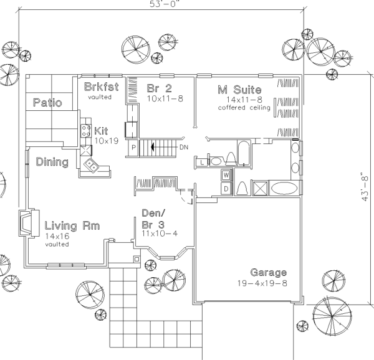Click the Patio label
coord(47,102)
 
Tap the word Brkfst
coord(102,87)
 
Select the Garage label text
coord(268,272)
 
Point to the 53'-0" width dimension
coord(165,4)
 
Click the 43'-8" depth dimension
coord(365,187)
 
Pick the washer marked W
coord(226,176)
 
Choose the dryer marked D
coord(226,189)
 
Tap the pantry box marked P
coord(133,148)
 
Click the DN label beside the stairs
coord(184,147)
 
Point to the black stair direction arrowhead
coord(152,147)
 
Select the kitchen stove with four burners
coord(86,131)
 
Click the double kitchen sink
coord(91,165)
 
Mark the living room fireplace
coord(29,223)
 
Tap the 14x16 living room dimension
coord(57,236)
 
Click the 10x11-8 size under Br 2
coord(165,98)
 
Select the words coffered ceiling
coord(244,108)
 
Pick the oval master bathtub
coord(284,188)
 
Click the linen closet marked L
coord(202,163)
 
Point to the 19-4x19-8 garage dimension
coord(262,283)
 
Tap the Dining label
coord(52,162)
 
